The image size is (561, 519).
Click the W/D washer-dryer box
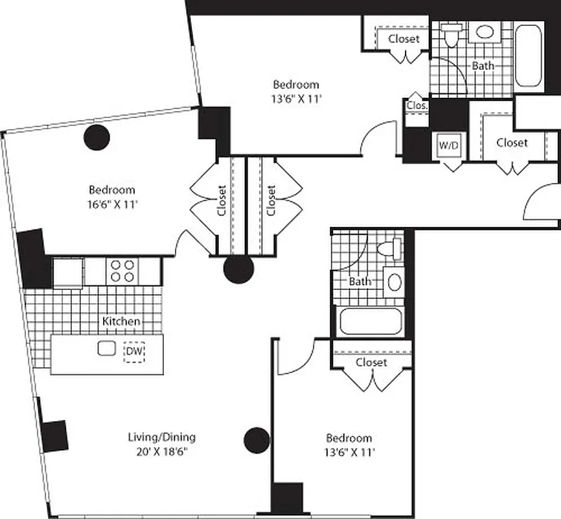448,146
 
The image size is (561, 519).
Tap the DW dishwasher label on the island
133,351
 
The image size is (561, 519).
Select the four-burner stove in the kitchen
122,270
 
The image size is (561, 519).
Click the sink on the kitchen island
106,348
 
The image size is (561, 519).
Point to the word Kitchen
120,321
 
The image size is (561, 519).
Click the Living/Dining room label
161,437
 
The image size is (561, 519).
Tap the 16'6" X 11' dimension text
112,204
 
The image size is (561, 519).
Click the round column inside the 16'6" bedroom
97,136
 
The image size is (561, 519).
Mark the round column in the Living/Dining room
257,440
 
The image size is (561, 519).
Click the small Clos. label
415,105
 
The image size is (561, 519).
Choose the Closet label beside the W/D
512,142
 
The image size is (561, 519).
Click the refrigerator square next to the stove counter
68,271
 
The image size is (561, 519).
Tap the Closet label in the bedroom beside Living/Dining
371,362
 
